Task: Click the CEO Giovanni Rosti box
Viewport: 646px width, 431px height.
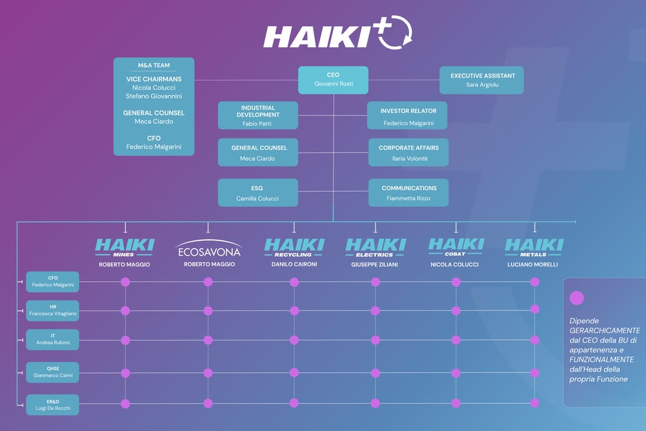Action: (x=333, y=80)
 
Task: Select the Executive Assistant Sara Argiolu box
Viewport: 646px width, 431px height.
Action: (x=482, y=80)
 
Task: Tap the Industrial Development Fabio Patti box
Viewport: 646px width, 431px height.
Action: (x=257, y=115)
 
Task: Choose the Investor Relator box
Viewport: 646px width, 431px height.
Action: (x=408, y=115)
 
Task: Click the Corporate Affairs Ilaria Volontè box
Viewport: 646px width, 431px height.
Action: (x=408, y=152)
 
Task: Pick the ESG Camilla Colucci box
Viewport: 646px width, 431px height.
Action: (x=257, y=193)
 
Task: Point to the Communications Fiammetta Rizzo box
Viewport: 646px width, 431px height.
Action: (x=408, y=193)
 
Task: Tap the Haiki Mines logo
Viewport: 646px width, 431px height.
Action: (x=125, y=247)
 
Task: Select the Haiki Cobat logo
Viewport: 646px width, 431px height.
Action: (x=456, y=247)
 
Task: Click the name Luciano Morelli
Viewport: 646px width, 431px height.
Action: (x=533, y=265)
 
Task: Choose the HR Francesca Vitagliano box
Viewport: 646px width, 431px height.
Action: (x=53, y=310)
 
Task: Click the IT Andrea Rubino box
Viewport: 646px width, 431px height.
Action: (x=53, y=339)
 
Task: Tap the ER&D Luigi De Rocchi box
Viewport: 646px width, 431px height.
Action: (x=53, y=405)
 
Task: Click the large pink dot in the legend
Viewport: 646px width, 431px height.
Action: (x=577, y=298)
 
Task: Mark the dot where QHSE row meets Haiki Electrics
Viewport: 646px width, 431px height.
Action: (x=375, y=373)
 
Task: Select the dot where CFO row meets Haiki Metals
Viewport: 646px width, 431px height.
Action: (x=535, y=282)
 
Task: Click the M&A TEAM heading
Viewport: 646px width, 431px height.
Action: (x=154, y=65)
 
